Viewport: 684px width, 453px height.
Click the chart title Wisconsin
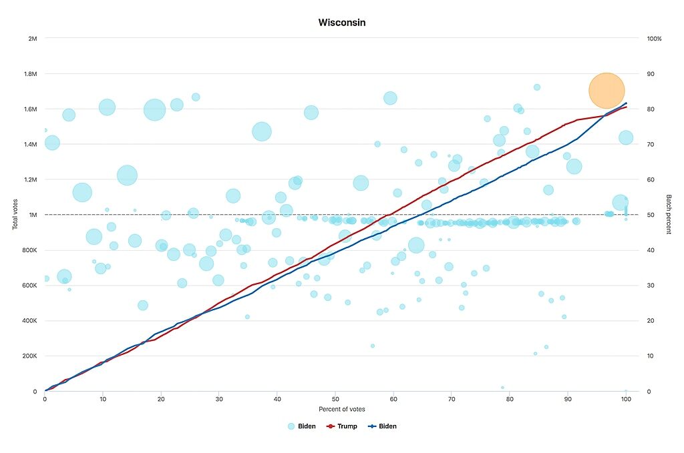[342, 23]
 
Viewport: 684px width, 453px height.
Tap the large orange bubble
[607, 91]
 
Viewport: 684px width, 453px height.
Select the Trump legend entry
[342, 426]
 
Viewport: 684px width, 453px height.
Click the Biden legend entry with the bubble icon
[302, 426]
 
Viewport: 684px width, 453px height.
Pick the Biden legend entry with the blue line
[383, 426]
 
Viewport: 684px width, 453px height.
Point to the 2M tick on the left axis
[33, 39]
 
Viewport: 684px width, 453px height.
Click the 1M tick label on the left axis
[33, 215]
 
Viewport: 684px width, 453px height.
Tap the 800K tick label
[30, 250]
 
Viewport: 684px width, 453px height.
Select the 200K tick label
[30, 356]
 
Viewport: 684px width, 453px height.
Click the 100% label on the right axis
[654, 39]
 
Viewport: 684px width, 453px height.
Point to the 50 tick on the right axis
[651, 215]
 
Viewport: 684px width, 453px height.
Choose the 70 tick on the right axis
[651, 144]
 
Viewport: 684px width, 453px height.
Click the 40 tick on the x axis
[277, 399]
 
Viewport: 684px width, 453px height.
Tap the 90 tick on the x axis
[568, 399]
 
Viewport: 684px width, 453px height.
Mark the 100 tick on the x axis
[626, 399]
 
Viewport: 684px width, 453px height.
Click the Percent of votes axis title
[341, 409]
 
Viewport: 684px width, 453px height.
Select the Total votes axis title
[15, 214]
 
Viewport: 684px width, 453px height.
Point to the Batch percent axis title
[668, 214]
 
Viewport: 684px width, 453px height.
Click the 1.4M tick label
[30, 144]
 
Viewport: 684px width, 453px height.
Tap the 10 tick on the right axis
[651, 356]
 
